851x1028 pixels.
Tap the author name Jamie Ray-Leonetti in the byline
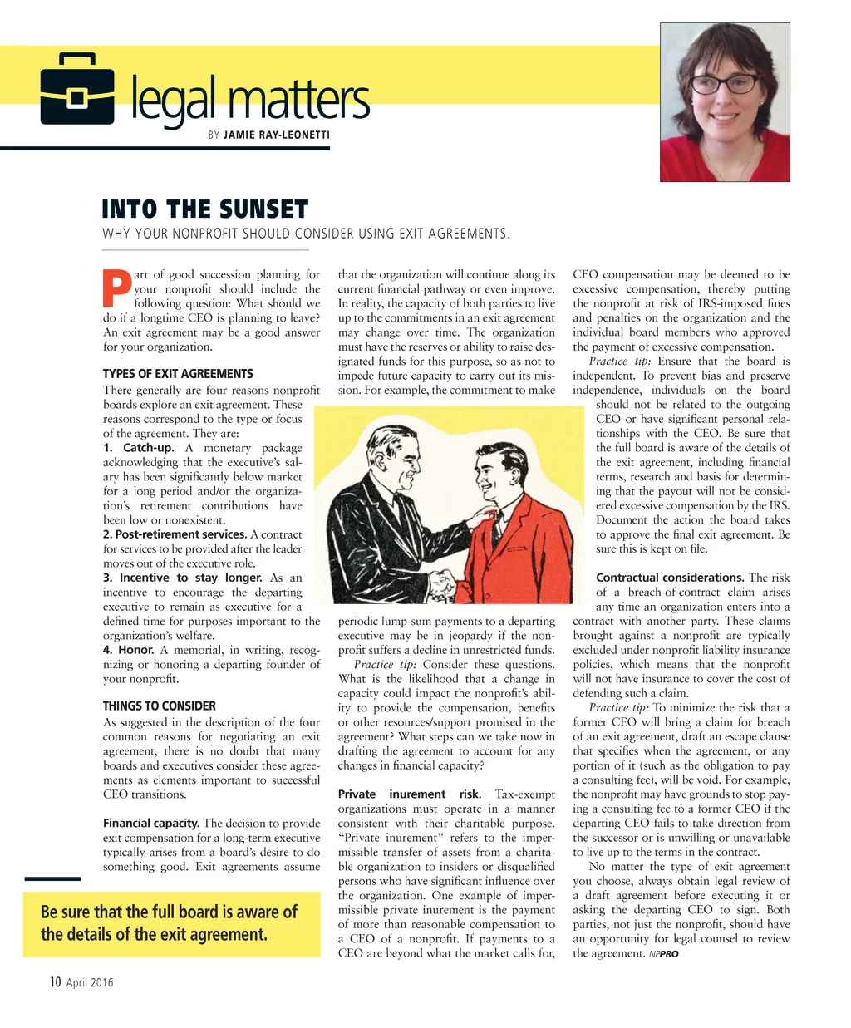point(277,135)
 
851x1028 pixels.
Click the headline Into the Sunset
point(204,209)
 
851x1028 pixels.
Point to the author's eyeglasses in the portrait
point(728,84)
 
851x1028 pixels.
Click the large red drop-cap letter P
point(116,288)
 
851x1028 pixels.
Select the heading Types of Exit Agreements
point(178,374)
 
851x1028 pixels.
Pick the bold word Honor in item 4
point(135,650)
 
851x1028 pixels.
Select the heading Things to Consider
point(159,706)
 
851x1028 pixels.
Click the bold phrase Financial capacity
point(150,824)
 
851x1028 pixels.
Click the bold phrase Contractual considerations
point(670,578)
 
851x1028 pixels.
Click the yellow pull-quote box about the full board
point(171,923)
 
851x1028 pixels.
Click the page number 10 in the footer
point(55,982)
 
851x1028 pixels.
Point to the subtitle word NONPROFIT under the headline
point(205,234)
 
